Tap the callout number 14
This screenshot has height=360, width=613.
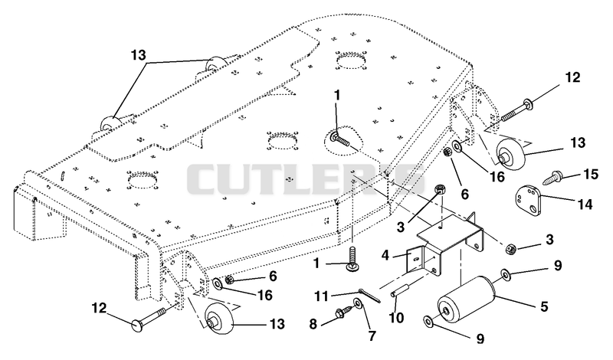coord(585,204)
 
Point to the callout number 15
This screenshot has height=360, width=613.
coord(590,175)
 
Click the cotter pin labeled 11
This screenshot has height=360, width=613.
coord(369,296)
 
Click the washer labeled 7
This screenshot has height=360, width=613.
coord(357,303)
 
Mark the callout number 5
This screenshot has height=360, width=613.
coord(544,306)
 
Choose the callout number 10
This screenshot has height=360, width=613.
coord(396,317)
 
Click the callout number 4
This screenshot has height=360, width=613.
coord(385,255)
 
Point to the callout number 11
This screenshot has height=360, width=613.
coord(322,296)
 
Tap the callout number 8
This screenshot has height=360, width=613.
coord(313,325)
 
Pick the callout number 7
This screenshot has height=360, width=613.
coord(372,335)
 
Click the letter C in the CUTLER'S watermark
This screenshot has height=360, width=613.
coord(204,179)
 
